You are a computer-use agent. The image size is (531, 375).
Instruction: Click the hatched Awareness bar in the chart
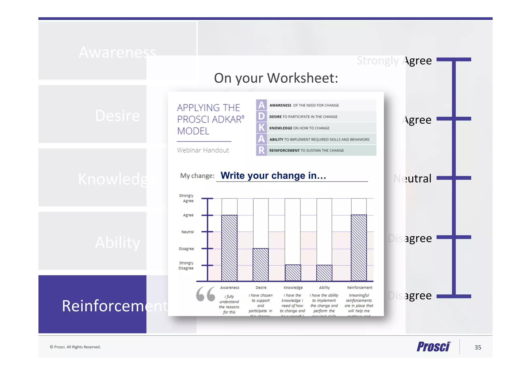pos(229,248)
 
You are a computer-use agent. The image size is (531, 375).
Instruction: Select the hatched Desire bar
pos(261,264)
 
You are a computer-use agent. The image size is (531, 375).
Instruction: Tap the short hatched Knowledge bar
pos(293,273)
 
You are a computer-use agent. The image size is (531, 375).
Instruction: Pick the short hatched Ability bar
pos(324,273)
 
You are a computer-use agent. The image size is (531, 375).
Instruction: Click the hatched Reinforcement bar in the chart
pos(359,248)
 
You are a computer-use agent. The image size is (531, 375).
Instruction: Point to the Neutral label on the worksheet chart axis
pos(187,232)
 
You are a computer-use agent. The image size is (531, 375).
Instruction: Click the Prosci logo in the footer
pos(434,347)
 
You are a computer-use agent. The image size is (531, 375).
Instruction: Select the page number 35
pos(478,347)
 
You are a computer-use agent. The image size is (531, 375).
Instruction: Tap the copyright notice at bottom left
pos(75,347)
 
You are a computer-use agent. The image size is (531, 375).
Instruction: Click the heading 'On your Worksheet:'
pos(276,78)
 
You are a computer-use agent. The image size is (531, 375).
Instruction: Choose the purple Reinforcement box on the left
pos(92,304)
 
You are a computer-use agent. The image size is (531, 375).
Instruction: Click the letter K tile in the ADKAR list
pos(261,128)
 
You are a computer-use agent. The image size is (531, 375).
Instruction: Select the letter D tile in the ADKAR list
pos(261,116)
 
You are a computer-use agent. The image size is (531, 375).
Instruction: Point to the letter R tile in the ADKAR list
pos(261,150)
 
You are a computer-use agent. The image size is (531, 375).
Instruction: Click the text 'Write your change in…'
pos(273,175)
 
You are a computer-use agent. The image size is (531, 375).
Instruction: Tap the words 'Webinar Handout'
pos(203,150)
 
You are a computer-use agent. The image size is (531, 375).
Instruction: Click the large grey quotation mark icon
pos(205,294)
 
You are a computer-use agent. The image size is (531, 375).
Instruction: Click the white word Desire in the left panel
pos(117,116)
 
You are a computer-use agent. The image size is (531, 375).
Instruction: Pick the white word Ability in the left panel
pos(117,243)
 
